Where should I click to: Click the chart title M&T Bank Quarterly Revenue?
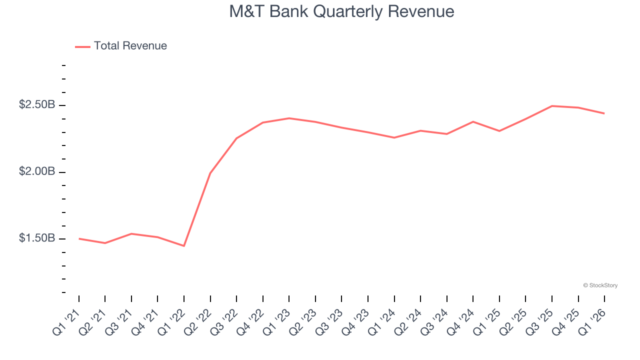coord(341,11)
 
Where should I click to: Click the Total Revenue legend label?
coord(130,46)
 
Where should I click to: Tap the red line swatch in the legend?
coord(82,46)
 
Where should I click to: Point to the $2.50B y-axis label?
coord(37,105)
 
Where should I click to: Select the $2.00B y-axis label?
coord(37,171)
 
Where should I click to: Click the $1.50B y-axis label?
coord(37,238)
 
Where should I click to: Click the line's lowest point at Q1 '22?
coord(184,246)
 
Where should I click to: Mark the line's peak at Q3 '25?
coord(552,106)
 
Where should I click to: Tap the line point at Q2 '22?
coord(210,173)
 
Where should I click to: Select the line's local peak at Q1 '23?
coord(289,118)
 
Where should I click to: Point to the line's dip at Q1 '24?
coord(394,137)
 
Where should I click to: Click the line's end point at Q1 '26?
coord(604,113)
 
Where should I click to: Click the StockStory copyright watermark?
coord(600,285)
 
